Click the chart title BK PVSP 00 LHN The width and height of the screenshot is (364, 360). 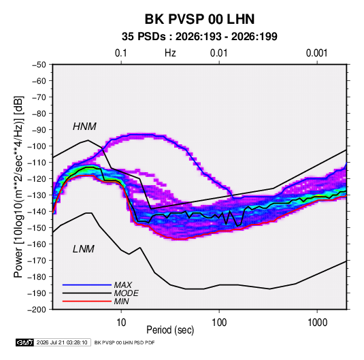pos(199,19)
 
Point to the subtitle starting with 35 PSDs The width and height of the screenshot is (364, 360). pos(199,37)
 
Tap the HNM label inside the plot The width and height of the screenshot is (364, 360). pos(84,127)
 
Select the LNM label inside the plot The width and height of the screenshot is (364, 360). pos(84,249)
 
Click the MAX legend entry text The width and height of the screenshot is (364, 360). pos(123,285)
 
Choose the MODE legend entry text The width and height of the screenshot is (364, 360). pos(127,293)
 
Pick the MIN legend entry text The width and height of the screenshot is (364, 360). pos(122,301)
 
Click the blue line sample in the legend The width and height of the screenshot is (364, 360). pos(87,285)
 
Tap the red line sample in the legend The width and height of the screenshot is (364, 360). pos(87,301)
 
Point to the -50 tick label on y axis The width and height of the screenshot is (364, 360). pos(39,65)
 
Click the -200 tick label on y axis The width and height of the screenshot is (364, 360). pos(37,310)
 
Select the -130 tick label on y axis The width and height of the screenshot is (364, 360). pos(37,195)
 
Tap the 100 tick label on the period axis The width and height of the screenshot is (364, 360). pos(219,323)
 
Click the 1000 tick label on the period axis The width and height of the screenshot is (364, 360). pos(317,323)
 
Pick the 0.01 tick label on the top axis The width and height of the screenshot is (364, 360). pos(218,53)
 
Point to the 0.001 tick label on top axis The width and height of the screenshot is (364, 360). pos(316,53)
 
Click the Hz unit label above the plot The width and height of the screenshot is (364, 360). pos(170,53)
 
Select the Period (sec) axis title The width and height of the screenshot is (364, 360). pos(170,330)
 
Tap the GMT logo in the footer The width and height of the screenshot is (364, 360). pos(25,342)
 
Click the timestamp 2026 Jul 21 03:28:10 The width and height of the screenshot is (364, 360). pos(62,342)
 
